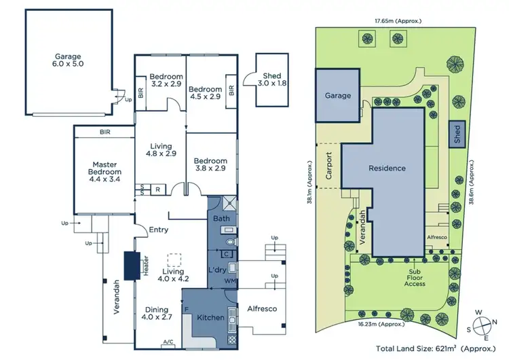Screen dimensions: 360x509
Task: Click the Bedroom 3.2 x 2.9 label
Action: click(x=161, y=81)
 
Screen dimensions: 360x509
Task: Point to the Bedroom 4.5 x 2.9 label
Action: click(x=205, y=94)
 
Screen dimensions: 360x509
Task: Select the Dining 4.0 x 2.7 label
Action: click(x=157, y=312)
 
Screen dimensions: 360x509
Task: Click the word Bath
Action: click(x=221, y=219)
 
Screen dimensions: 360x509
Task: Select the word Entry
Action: click(x=158, y=230)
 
